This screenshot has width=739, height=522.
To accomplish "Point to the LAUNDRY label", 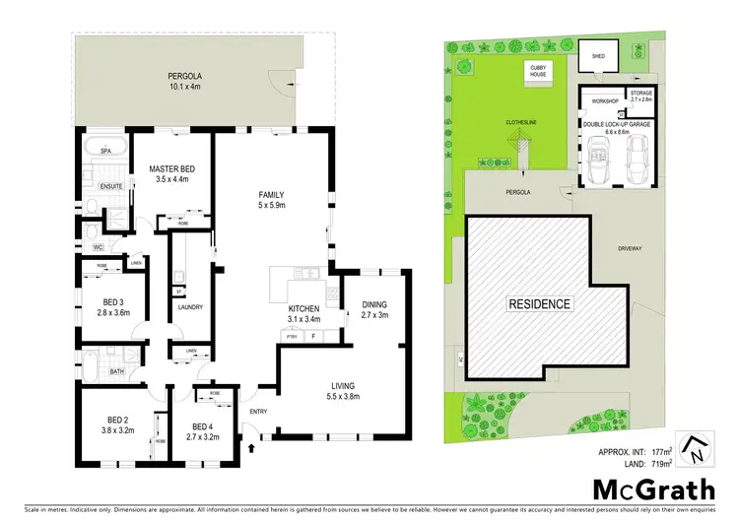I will click(x=190, y=307).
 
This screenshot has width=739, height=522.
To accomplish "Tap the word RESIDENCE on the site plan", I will click(x=540, y=303).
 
